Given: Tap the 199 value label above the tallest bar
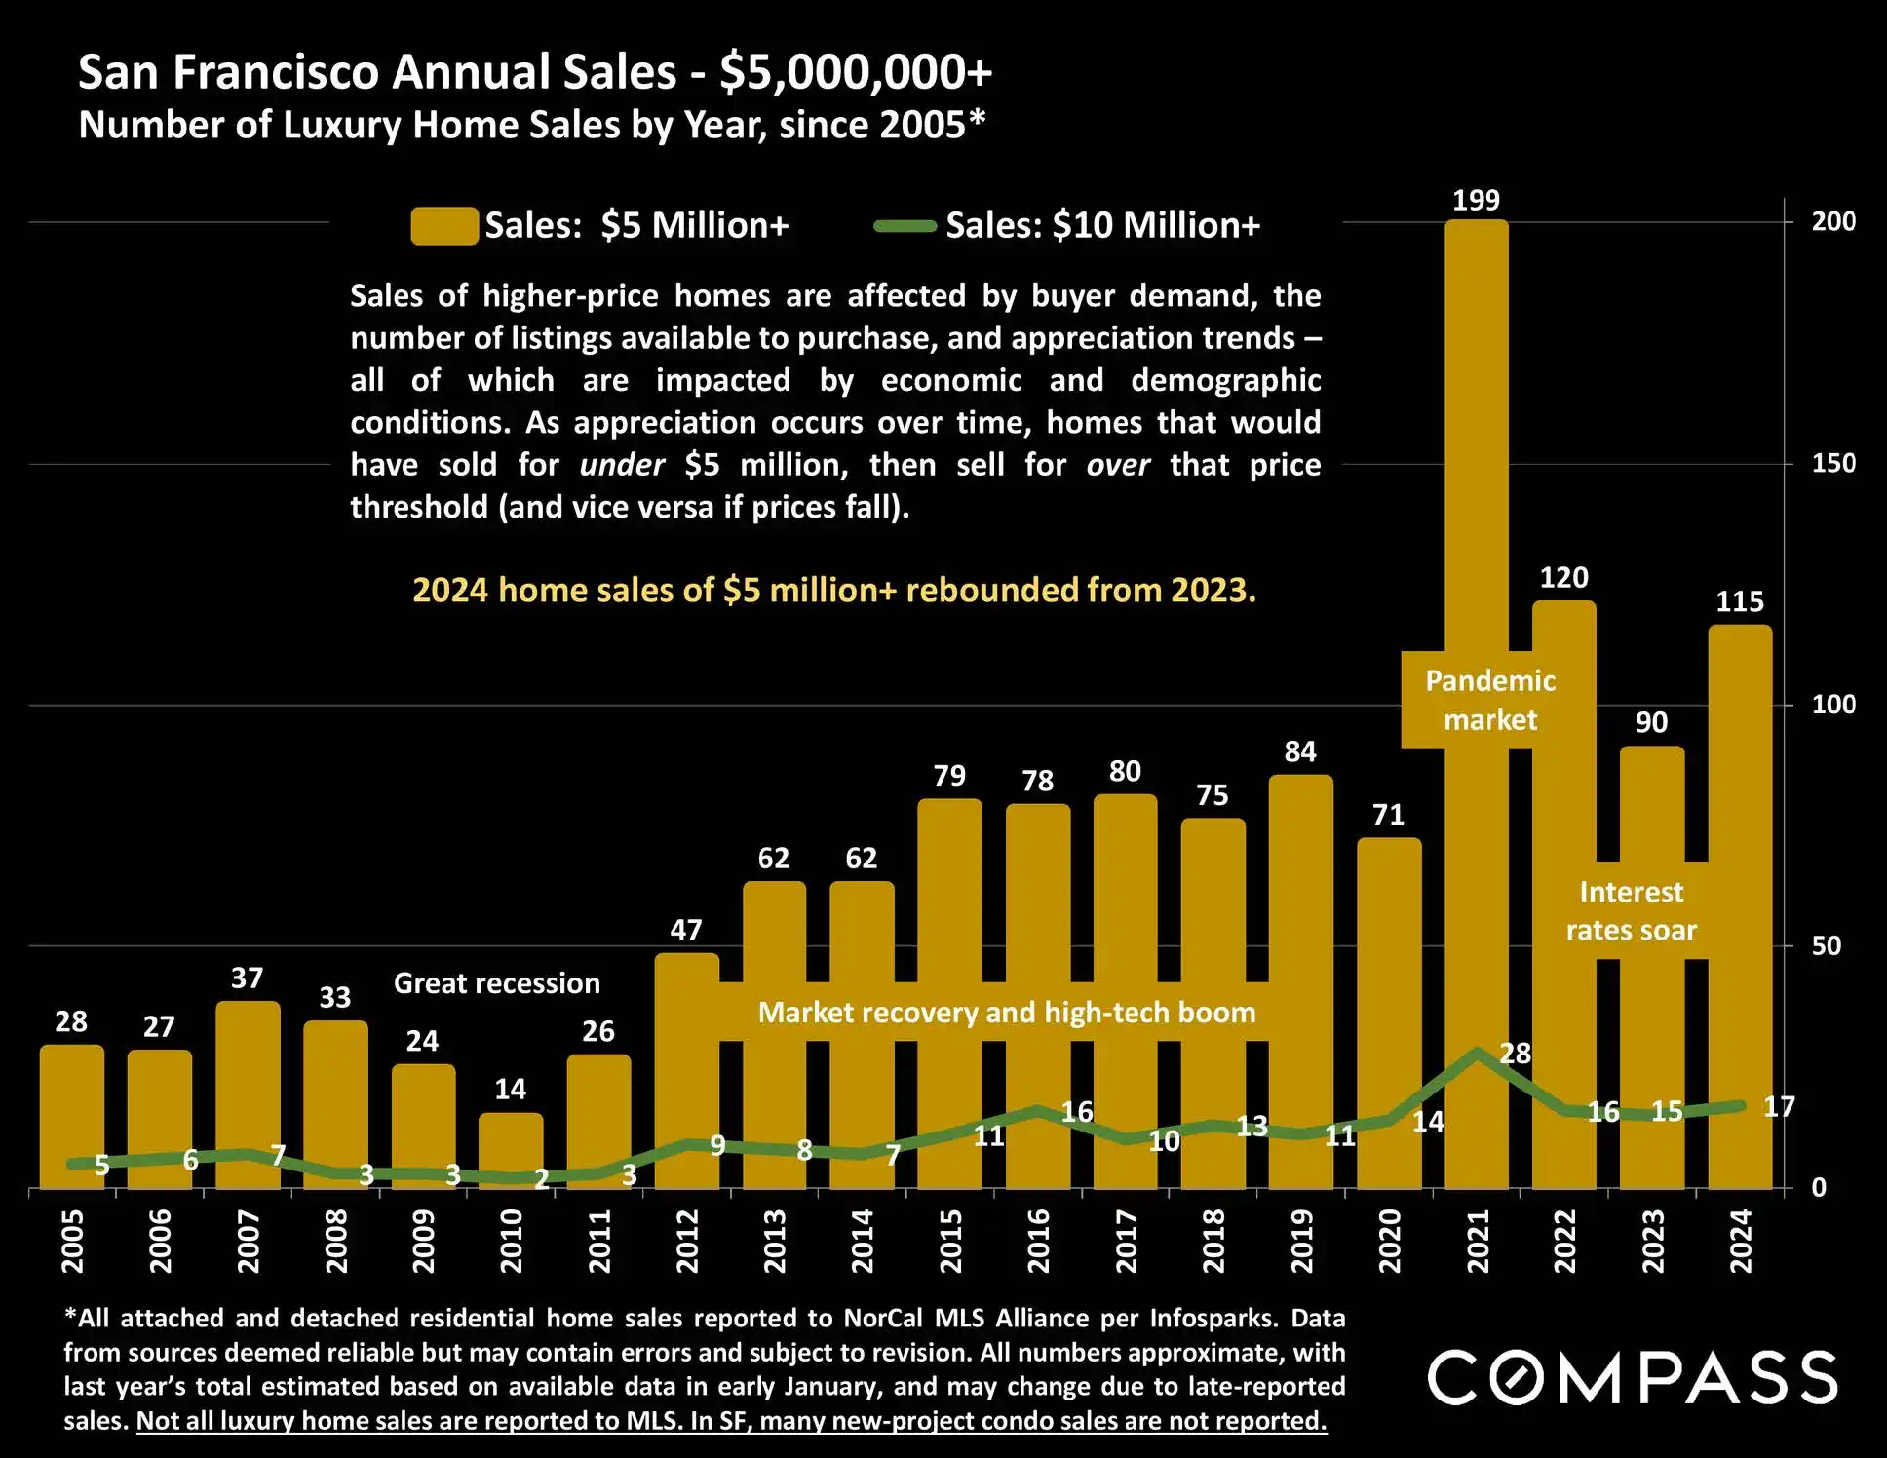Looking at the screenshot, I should pos(1476,201).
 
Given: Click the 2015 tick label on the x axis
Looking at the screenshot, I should pos(950,1241).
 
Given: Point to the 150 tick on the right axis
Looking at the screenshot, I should pos(1832,463).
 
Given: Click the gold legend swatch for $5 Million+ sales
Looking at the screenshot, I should pos(444,225).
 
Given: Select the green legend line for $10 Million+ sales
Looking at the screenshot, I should pos(905,226).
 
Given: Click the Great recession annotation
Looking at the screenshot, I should pos(497,983).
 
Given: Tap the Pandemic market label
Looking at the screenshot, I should pos(1490,700).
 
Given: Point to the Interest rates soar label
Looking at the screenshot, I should pos(1631,911).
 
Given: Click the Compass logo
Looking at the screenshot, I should pos(1633,1377).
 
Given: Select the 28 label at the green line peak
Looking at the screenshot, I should pos(1515,1054).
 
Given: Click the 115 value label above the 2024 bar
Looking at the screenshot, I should pos(1740,602).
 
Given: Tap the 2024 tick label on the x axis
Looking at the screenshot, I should pos(1741,1241).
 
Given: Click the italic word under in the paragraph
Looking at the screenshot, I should pos(622,465).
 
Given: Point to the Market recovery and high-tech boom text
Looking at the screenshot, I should pos(1007,1013).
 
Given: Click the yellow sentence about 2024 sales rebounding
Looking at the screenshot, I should pos(834,591).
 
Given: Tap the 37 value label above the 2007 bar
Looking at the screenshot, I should pos(247,978).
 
